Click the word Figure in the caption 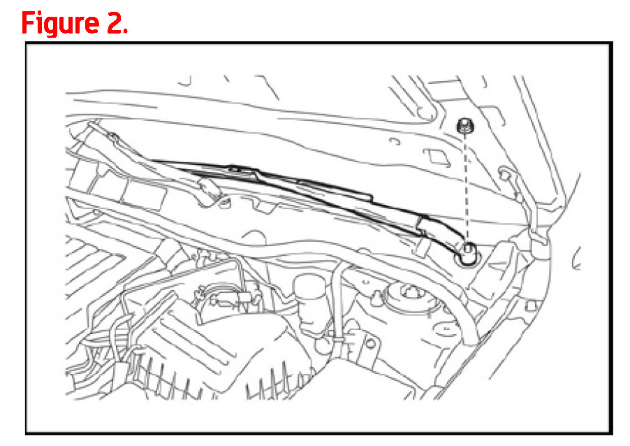(x=60, y=23)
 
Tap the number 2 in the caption (x=117, y=23)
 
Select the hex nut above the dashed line (x=465, y=125)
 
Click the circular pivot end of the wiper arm (x=467, y=254)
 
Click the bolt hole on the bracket (x=370, y=343)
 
